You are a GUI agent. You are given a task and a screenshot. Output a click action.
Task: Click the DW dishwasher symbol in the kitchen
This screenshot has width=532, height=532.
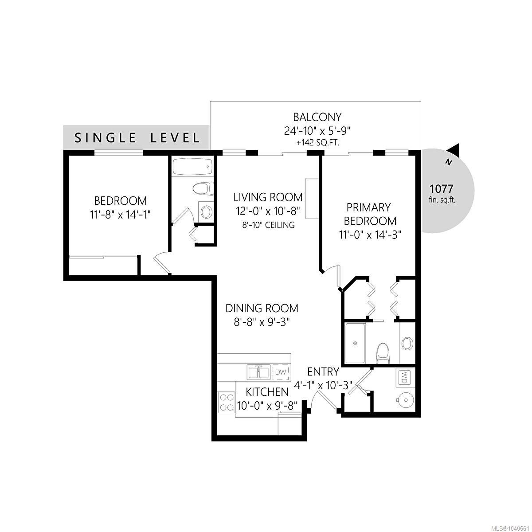[281, 372]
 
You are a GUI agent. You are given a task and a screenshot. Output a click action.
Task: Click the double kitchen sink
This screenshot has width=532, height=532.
[258, 372]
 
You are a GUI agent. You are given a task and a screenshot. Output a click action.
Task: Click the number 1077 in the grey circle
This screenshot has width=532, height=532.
[441, 189]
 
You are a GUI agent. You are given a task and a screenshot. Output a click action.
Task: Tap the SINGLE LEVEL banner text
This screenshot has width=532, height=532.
[137, 138]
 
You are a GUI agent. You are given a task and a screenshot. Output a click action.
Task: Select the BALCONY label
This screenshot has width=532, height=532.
[317, 117]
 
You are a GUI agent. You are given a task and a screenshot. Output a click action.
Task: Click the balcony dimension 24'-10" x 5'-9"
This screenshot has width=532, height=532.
[317, 131]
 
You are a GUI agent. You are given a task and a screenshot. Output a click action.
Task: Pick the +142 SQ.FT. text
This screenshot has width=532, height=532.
[317, 143]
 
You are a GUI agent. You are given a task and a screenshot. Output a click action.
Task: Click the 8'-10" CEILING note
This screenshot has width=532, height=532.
[268, 225]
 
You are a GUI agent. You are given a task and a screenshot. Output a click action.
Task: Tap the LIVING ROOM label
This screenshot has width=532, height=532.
[268, 197]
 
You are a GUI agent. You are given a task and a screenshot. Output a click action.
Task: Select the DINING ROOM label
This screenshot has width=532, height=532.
[262, 308]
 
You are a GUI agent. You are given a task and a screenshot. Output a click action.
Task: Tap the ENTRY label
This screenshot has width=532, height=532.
[323, 372]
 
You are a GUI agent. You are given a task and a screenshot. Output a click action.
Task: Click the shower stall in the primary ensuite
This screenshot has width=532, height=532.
[355, 343]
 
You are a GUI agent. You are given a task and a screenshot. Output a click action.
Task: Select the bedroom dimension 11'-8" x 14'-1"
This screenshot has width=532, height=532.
[120, 215]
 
